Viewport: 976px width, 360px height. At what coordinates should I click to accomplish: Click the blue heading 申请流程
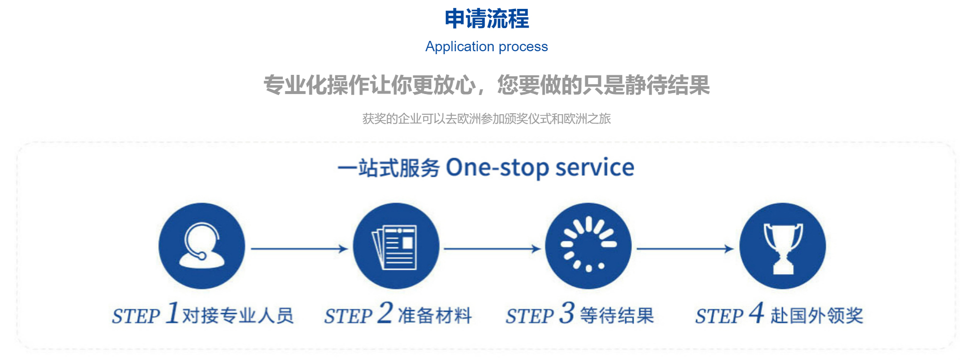(486, 19)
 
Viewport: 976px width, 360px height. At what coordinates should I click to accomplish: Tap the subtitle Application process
(486, 46)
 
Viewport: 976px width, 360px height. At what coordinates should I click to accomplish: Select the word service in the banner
(595, 167)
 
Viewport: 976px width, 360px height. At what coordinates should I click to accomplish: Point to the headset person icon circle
(202, 246)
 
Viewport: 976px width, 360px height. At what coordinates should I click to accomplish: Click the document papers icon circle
(396, 246)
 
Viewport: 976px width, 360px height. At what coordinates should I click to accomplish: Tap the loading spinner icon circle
(588, 246)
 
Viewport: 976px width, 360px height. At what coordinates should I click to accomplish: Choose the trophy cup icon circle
(782, 246)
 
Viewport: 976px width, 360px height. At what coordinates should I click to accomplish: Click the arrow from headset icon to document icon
(300, 249)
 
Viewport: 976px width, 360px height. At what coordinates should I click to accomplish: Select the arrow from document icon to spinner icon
(492, 249)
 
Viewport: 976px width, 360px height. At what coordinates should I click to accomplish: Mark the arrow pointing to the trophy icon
(685, 249)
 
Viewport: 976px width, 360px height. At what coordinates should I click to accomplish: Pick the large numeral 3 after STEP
(567, 313)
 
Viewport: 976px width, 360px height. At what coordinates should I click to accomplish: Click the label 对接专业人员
(238, 315)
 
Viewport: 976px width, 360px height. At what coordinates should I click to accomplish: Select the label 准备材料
(435, 315)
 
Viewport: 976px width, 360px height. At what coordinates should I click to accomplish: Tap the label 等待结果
(617, 315)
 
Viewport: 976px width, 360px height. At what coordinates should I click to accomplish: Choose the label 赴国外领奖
(817, 315)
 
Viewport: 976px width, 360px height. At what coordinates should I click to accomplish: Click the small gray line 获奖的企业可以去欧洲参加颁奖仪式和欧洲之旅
(486, 119)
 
